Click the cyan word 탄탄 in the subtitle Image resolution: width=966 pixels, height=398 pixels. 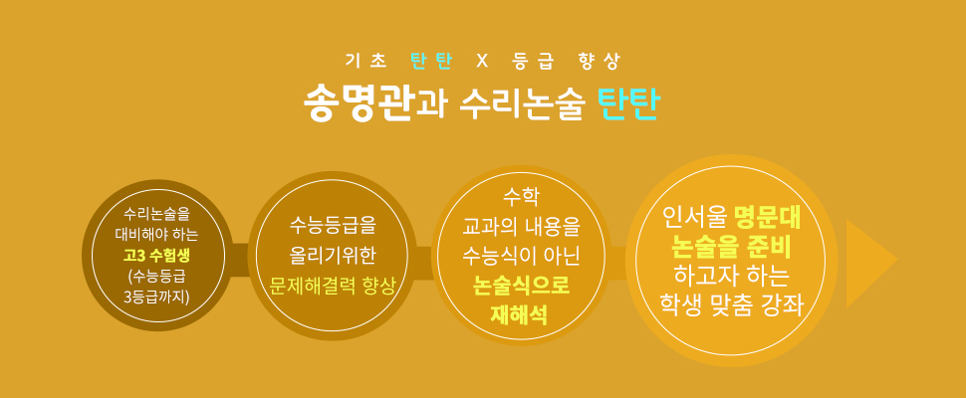coord(431,61)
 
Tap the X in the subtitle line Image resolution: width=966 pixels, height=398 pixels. coord(482,61)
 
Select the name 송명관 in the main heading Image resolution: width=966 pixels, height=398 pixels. coord(358,103)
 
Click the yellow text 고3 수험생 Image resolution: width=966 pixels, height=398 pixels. coord(157,255)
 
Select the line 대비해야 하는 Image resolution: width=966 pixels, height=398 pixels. coord(157,235)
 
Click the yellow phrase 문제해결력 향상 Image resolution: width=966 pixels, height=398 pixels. coord(332,286)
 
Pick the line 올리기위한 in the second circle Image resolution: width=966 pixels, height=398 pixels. coord(332,256)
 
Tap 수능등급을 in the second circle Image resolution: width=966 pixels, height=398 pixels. coord(332,227)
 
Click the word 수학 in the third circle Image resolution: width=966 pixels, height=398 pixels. coord(521,198)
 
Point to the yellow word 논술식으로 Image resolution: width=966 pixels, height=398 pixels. coord(521,286)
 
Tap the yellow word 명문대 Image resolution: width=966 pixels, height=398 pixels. coord(767,217)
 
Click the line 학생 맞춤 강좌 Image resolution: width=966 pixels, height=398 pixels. coord(731,304)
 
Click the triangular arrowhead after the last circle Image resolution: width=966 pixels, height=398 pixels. coord(870,264)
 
